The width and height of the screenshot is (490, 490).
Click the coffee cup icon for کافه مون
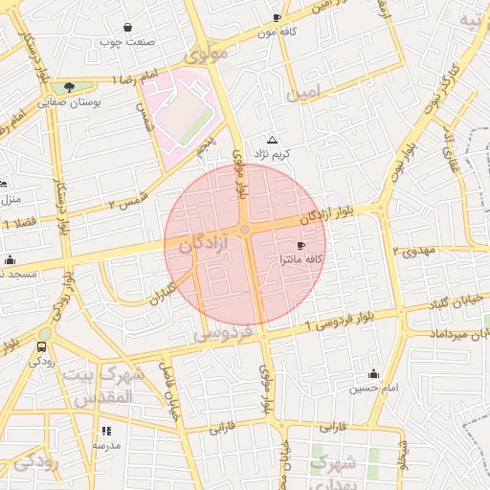277,17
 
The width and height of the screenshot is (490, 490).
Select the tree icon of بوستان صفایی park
68,87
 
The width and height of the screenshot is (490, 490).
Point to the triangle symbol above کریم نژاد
272,140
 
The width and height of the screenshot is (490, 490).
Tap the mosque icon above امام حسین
373,373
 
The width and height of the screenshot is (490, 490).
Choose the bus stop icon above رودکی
41,346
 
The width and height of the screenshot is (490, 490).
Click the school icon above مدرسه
106,432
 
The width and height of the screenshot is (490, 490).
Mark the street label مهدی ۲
413,251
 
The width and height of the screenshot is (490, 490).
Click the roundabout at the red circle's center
245,230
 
